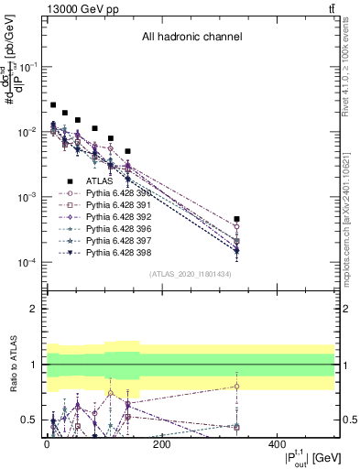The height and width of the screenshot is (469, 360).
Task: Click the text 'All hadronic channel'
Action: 191,38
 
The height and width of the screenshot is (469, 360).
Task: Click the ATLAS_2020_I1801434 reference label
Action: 191,275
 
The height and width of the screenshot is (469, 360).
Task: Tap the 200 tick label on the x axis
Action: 162,445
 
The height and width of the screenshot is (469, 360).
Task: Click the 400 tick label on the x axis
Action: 278,445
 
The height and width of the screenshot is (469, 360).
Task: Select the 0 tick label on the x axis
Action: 47,445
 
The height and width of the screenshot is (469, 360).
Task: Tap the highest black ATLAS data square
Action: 53,105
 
